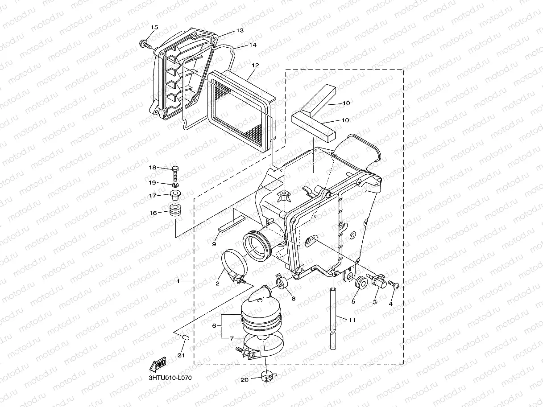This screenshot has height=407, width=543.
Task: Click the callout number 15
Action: point(154,28)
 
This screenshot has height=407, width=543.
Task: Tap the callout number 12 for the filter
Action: point(255,65)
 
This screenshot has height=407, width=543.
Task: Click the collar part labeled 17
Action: point(175,195)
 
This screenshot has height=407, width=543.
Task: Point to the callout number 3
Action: point(374,302)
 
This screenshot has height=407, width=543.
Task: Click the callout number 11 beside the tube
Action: point(352,319)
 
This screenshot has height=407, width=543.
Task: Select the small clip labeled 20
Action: point(268,377)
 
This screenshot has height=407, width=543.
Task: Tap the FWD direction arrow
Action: point(158,364)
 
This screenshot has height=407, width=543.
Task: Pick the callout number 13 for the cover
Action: point(240,31)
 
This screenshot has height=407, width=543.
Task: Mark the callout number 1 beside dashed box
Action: point(178,281)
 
